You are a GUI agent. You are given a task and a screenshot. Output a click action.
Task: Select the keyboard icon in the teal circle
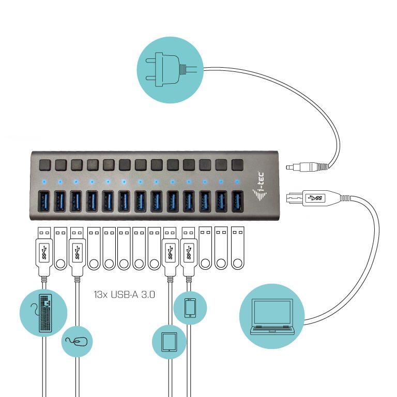coord(44,313)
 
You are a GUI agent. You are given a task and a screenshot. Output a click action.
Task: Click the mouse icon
coord(77,341)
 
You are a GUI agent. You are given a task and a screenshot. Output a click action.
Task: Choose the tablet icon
coord(169,342)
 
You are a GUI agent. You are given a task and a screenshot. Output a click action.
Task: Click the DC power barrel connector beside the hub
coord(307,166)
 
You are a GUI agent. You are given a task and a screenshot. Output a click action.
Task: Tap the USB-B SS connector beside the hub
coord(307,197)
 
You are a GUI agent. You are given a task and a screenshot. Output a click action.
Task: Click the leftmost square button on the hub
coord(44,164)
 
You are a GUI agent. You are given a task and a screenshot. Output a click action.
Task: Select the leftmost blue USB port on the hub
coord(44,202)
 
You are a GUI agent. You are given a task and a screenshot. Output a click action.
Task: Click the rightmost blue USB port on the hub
coord(237,202)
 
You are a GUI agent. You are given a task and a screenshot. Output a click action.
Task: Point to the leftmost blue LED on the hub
coord(44,182)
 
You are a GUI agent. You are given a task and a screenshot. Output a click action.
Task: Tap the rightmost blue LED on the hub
coord(237,182)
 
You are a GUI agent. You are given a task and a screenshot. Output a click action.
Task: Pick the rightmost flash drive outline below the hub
coord(237,248)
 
